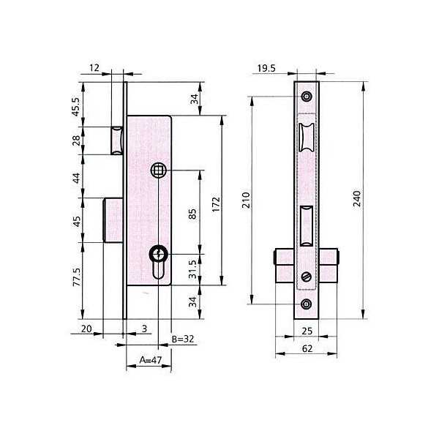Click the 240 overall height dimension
(357, 198)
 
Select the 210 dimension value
(246, 200)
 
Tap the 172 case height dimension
(216, 204)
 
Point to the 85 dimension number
(192, 214)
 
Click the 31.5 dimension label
(192, 269)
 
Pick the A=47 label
(151, 360)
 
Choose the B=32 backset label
(182, 339)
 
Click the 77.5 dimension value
(77, 277)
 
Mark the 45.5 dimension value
(76, 107)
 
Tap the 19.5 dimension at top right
(266, 68)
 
